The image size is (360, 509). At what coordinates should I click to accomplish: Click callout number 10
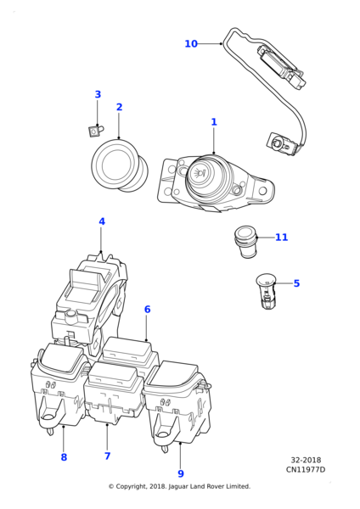pos(191,43)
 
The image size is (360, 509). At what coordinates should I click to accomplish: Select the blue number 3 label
pos(98,94)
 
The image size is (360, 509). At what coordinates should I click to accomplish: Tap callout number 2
pos(119,107)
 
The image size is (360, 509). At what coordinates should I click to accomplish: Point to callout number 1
pos(214,121)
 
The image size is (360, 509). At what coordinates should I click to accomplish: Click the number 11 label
pos(281,238)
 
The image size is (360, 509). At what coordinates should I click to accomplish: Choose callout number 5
pos(296,283)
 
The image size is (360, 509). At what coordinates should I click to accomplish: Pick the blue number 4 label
pos(102,221)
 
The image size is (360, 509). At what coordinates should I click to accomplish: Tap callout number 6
pos(147,309)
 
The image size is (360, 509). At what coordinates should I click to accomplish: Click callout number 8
pos(64,457)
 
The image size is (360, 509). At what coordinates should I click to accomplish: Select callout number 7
pos(108,456)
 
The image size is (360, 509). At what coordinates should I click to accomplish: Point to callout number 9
pos(181,473)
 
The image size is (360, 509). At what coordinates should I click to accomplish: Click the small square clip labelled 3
pos(96,131)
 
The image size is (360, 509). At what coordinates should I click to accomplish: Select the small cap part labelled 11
pos(245,242)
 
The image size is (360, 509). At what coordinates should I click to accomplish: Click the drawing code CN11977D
pos(306,469)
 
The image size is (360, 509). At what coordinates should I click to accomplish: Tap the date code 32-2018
pos(306,460)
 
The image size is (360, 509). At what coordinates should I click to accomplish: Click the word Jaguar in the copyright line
pos(178,486)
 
